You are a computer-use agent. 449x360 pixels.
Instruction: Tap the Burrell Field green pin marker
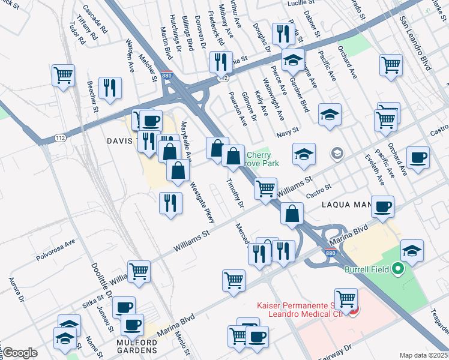tap(396, 269)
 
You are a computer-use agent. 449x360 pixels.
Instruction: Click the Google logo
tap(19, 353)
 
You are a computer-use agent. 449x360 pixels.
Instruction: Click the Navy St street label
tap(288, 131)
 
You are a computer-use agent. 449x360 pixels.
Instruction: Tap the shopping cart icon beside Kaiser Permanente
tap(346, 299)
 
